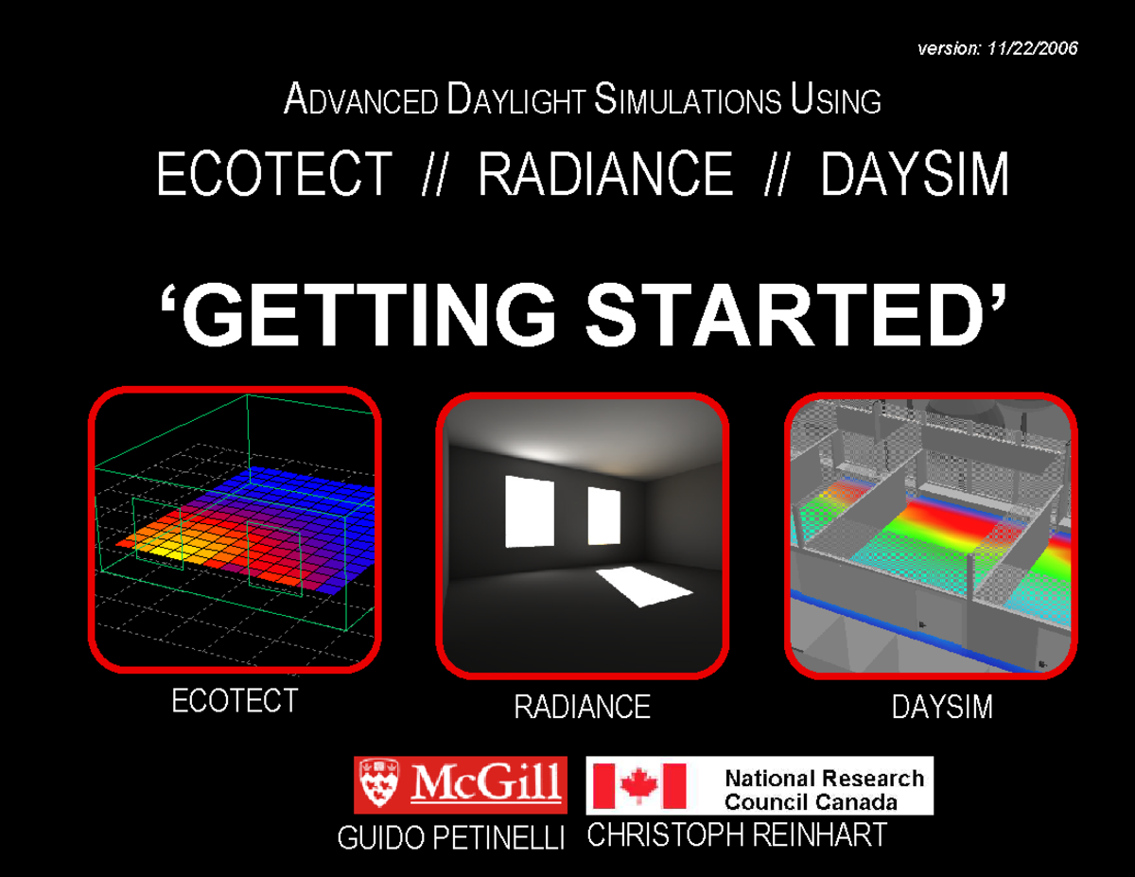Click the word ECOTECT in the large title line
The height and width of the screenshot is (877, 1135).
click(x=274, y=176)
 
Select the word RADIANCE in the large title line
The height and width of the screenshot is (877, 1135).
click(x=605, y=176)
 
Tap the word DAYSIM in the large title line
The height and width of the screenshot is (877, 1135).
click(x=915, y=176)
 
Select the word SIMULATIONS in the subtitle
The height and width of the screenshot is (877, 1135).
click(x=688, y=100)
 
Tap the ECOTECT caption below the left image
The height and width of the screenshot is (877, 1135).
click(x=235, y=701)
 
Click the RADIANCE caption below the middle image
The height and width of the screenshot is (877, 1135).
click(x=582, y=707)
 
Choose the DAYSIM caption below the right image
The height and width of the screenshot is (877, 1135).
click(x=942, y=707)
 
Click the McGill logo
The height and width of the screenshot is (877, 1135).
click(x=461, y=785)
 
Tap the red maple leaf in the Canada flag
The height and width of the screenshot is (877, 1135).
click(x=638, y=785)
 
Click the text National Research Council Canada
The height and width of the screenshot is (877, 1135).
click(x=823, y=790)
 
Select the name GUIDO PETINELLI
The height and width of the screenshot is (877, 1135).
click(x=451, y=838)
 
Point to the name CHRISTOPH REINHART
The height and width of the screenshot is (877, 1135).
click(x=737, y=835)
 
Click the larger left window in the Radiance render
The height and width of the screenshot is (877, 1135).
click(x=531, y=512)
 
